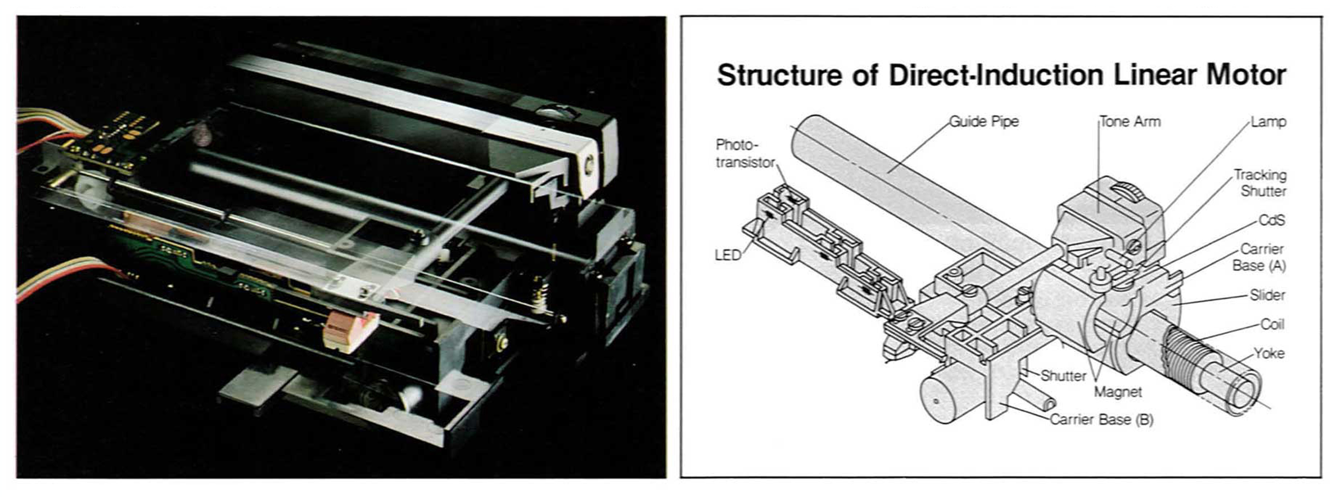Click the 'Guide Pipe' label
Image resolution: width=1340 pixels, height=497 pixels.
tap(984, 121)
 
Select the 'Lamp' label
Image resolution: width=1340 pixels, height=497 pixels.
tap(1268, 121)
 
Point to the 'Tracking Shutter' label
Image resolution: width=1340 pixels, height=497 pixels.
tap(1260, 183)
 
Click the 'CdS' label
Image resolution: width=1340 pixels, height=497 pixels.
tap(1271, 220)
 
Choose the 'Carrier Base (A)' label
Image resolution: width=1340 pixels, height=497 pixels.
tap(1259, 257)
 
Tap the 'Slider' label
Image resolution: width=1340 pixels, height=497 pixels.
tap(1267, 295)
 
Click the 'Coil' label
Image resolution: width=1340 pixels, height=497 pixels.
tap(1272, 324)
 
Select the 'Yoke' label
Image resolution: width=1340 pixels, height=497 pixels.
tap(1269, 353)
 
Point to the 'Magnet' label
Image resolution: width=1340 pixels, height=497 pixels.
tap(1118, 392)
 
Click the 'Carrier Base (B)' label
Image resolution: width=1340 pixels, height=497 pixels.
tap(1101, 419)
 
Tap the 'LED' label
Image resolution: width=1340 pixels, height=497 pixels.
tap(728, 255)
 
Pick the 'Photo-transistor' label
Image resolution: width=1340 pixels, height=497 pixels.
tap(745, 153)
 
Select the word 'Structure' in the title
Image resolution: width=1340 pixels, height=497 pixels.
tap(778, 75)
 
